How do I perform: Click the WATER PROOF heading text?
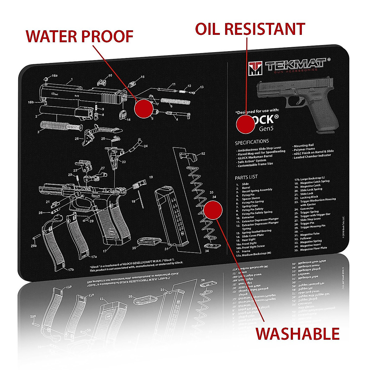pyautogui.click(x=80, y=36)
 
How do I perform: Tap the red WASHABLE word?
pyautogui.click(x=298, y=334)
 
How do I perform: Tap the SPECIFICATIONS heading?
pyautogui.click(x=252, y=142)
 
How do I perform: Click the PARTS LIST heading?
pyautogui.click(x=246, y=177)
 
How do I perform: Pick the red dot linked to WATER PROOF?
pyautogui.click(x=144, y=108)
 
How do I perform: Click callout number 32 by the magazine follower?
pyautogui.click(x=203, y=153)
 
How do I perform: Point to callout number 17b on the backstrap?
pyautogui.click(x=71, y=270)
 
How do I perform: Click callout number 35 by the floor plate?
pyautogui.click(x=134, y=248)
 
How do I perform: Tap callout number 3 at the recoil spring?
pyautogui.click(x=39, y=132)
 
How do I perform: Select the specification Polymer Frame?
pyautogui.click(x=304, y=149)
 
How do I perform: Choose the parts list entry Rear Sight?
pyautogui.click(x=249, y=240)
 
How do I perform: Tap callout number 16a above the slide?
pyautogui.click(x=55, y=76)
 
